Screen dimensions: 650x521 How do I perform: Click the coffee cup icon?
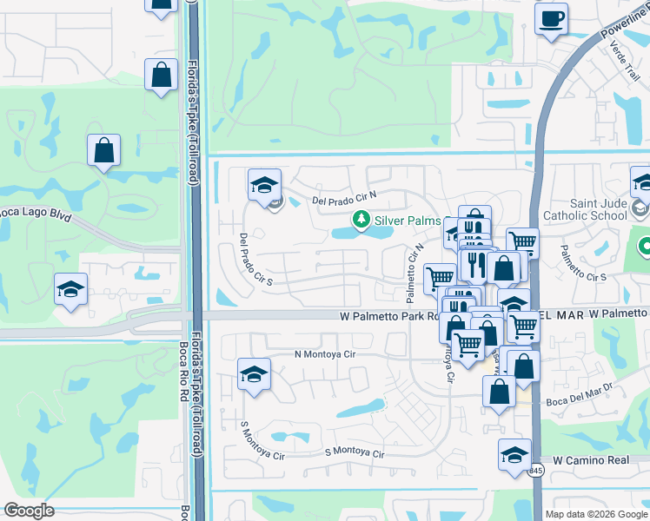coord(551,19)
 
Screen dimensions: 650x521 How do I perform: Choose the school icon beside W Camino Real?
coord(514,454)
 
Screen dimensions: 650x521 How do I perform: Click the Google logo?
coord(29,511)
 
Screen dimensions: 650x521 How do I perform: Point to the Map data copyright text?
coord(595,514)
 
